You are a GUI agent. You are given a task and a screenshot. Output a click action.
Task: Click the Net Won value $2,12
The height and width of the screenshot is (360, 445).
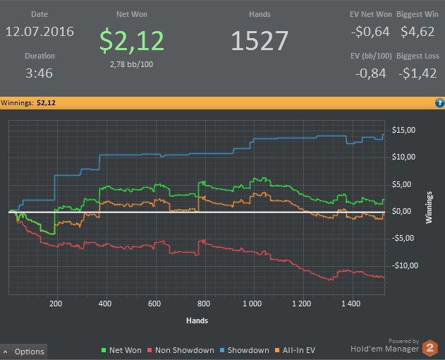coord(133,42)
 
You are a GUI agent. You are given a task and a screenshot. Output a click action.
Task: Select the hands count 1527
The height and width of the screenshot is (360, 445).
coord(260,42)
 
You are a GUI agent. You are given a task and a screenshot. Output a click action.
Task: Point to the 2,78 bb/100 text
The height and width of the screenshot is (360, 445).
coord(133,64)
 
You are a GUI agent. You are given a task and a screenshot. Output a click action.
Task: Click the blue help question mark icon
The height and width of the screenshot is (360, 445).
coord(439,103)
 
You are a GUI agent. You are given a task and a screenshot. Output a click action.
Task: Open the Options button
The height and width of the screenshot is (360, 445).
coord(24,352)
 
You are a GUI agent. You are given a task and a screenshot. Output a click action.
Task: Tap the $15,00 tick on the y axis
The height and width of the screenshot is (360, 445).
coord(404,130)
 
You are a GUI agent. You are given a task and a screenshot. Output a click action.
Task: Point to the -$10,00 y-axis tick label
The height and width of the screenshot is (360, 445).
coord(404,265)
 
